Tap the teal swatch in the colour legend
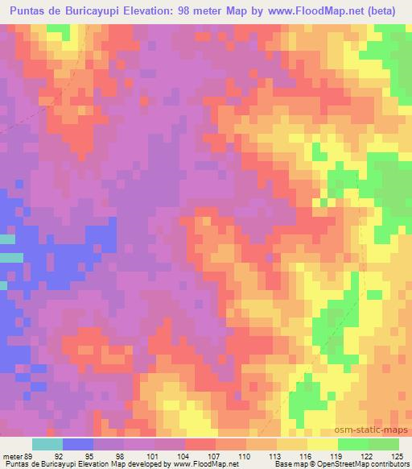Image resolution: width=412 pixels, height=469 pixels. click(x=47, y=444)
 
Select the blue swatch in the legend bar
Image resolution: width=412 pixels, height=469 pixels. click(x=78, y=444)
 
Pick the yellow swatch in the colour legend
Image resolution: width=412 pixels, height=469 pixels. click(x=322, y=444)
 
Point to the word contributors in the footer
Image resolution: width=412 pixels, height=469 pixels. click(x=388, y=463)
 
